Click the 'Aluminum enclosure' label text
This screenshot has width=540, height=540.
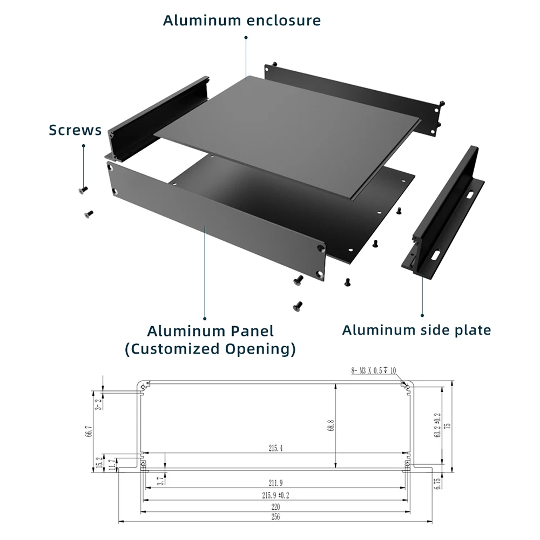coord(242,21)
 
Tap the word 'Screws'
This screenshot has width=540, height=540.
coord(75,130)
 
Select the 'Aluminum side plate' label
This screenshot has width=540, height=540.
coord(416,330)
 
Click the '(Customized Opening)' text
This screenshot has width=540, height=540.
coord(211,349)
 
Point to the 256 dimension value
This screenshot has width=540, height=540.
coord(275,517)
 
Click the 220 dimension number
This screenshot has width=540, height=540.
coord(275,507)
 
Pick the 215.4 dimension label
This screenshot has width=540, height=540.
coord(275,448)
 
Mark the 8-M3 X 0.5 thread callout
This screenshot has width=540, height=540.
coord(373,371)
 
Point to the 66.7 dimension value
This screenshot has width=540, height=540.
coord(90,432)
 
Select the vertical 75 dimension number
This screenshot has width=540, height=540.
coord(447,426)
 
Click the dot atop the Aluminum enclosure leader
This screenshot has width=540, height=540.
coord(246,37)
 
